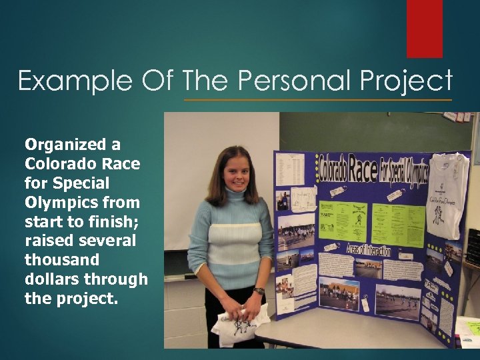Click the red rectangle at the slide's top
tap(425, 28)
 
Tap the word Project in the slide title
tap(407, 81)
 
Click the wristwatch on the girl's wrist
tap(258, 291)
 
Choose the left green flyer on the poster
tap(342, 221)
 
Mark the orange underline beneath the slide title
tap(317, 99)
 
